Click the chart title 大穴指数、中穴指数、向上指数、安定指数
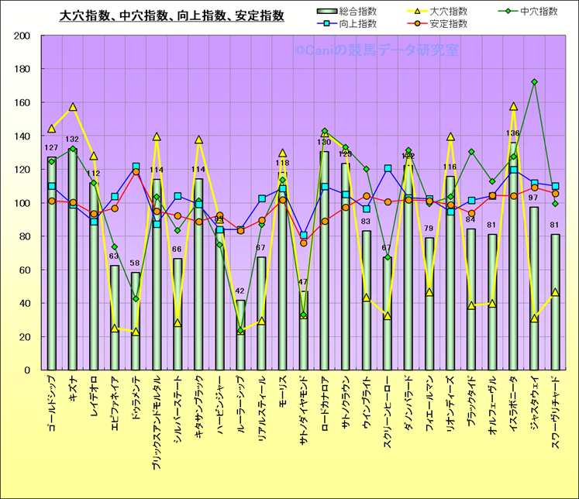pyautogui.click(x=172, y=15)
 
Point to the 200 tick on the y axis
pyautogui.click(x=21, y=36)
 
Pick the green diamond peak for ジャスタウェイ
pyautogui.click(x=534, y=82)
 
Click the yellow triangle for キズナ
pyautogui.click(x=73, y=107)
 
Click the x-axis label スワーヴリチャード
pyautogui.click(x=555, y=411)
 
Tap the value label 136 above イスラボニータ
pyautogui.click(x=512, y=133)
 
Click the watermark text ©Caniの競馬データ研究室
pyautogui.click(x=377, y=50)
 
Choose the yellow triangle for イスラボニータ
pyautogui.click(x=513, y=107)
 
